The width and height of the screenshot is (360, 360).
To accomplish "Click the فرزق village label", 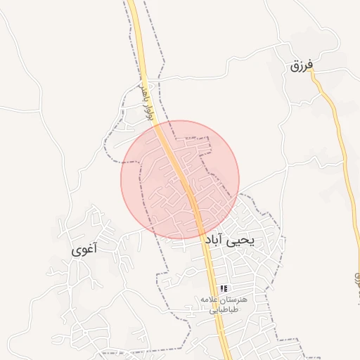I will click(300, 66).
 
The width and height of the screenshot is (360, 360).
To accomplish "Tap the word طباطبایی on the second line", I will click(226, 309).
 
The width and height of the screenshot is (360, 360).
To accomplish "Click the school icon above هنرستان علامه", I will click(224, 288).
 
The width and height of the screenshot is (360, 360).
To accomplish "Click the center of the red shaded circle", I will click(180, 180).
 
